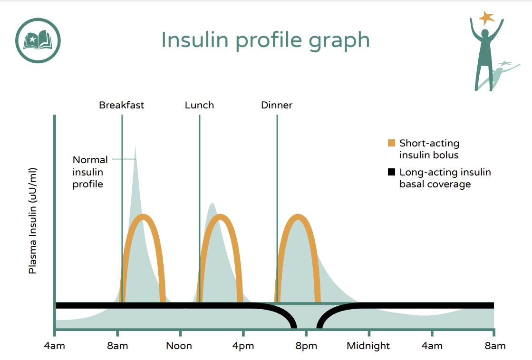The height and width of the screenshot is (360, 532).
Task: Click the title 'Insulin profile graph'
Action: [265, 40]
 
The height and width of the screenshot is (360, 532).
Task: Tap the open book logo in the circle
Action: [38, 41]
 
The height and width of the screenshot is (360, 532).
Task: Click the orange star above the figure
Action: [486, 18]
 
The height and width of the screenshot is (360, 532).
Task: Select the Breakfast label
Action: [121, 105]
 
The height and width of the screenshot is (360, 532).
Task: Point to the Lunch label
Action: [199, 105]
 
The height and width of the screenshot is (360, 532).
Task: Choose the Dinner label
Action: [277, 105]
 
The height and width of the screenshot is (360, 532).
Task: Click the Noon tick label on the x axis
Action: [179, 346]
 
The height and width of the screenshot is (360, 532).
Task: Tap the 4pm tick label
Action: [243, 346]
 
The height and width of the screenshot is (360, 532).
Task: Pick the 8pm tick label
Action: [306, 346]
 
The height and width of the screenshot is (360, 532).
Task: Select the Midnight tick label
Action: [368, 346]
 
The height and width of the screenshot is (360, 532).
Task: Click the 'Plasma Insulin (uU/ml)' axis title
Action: [32, 221]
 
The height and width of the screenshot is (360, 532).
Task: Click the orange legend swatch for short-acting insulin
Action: [391, 143]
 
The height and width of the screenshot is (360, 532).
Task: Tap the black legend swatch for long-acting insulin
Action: [391, 172]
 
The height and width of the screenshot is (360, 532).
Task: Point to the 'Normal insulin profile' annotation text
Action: [90, 172]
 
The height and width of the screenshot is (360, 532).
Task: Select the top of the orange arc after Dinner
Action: [298, 217]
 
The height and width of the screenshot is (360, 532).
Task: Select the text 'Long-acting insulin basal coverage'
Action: [445, 178]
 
